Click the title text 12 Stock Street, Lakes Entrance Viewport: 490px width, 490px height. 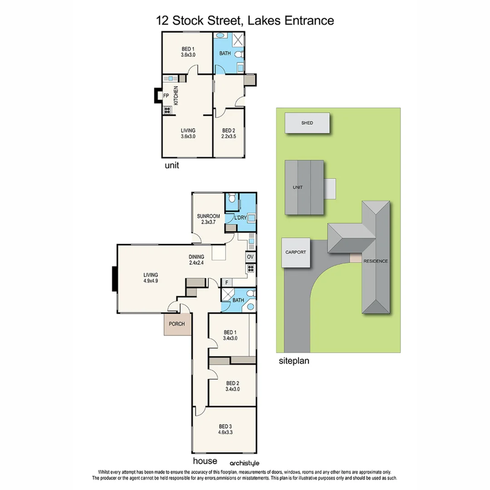(x=245, y=20)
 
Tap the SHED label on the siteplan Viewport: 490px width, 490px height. (x=307, y=123)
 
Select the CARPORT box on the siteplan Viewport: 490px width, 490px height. (x=295, y=252)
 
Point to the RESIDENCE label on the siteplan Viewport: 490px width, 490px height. (x=375, y=261)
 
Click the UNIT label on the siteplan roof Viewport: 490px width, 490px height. (x=298, y=187)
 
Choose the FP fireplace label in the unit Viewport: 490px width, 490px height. (x=166, y=96)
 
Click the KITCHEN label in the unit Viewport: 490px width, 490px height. (x=175, y=96)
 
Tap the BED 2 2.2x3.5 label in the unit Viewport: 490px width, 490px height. (x=229, y=133)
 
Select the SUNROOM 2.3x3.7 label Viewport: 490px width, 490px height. (x=208, y=219)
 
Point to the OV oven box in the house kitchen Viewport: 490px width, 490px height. (x=250, y=257)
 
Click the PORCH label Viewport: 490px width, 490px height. (x=177, y=324)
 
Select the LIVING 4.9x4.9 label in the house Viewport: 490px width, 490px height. (x=151, y=278)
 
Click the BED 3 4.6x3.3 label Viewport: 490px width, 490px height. (x=225, y=429)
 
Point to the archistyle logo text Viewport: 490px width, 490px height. (x=245, y=463)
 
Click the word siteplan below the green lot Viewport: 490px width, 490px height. (x=294, y=362)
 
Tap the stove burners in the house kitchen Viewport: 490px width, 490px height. (x=250, y=268)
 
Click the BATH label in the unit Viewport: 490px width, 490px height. (x=225, y=54)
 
